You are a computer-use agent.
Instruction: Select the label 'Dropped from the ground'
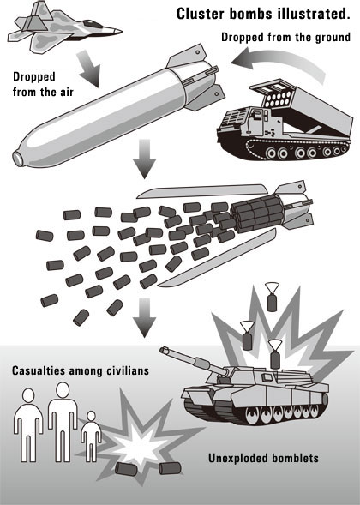pyautogui.click(x=285, y=38)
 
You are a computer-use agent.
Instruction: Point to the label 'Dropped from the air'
pyautogui.click(x=43, y=84)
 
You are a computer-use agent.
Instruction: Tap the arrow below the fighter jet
pyautogui.click(x=88, y=69)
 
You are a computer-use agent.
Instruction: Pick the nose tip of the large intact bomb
pyautogui.click(x=18, y=158)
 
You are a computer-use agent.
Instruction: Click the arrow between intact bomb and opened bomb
pyautogui.click(x=144, y=159)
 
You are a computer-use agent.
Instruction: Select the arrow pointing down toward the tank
pyautogui.click(x=144, y=317)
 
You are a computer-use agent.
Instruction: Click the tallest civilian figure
pyautogui.click(x=63, y=422)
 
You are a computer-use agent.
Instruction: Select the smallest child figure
pyautogui.click(x=91, y=436)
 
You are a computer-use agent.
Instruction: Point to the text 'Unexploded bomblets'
pyautogui.click(x=263, y=458)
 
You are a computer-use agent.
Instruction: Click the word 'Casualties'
pyautogui.click(x=39, y=370)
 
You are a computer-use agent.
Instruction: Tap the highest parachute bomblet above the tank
pyautogui.click(x=272, y=297)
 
